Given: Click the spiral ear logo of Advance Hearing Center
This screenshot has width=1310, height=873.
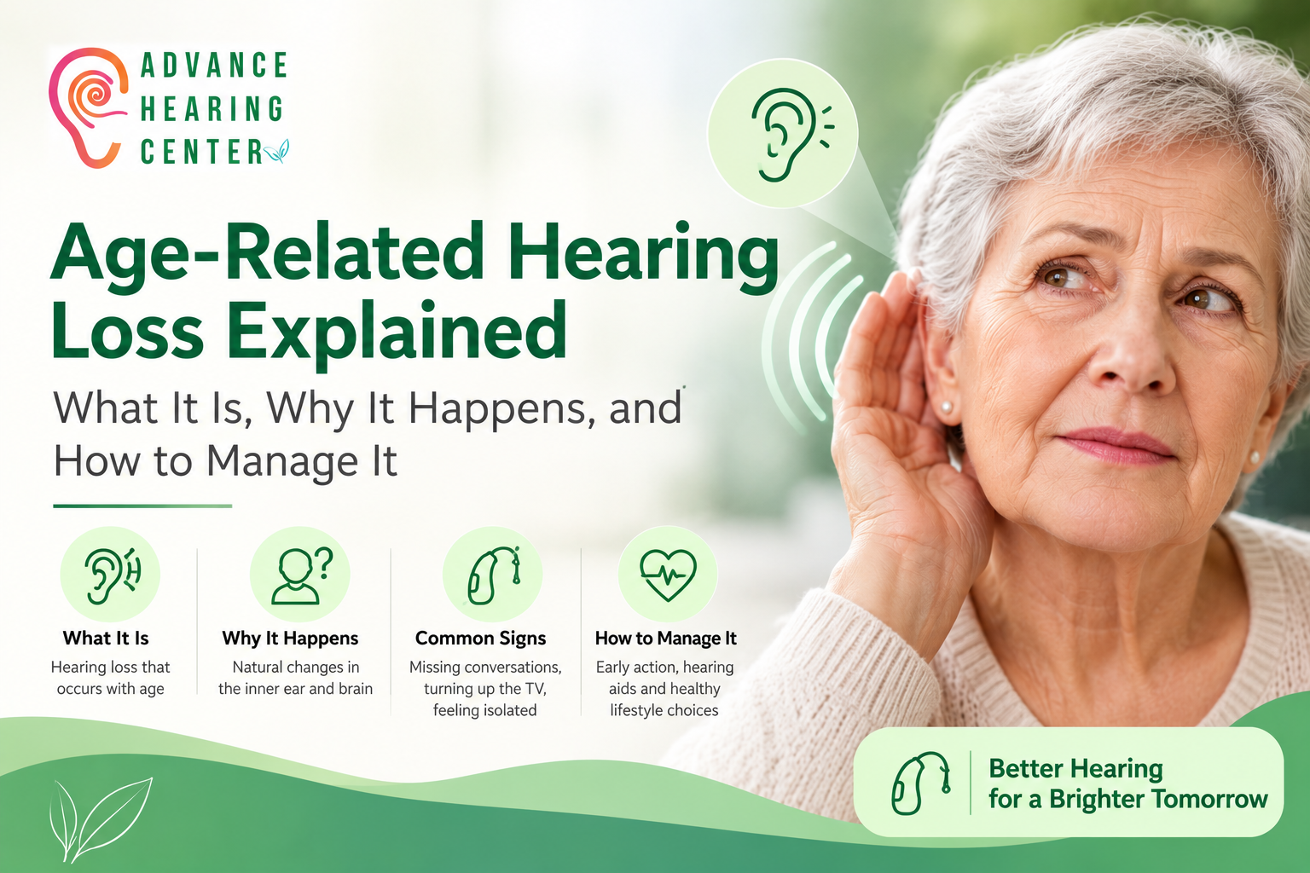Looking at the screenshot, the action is tap(88, 108).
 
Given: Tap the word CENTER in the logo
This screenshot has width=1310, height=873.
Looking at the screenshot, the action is tap(202, 152).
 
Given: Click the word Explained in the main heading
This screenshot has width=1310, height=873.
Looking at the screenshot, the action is tap(397, 331).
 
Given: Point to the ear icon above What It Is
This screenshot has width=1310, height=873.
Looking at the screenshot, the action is tap(111, 575).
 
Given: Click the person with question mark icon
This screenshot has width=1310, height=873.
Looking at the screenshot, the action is tap(300, 575).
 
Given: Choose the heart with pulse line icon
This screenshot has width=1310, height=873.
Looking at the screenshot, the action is tap(668, 575).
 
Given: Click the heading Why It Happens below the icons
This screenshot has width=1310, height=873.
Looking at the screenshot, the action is tap(290, 638).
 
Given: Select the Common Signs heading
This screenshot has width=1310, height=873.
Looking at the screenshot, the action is tap(481, 638).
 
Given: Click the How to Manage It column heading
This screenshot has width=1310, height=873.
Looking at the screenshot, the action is tap(665, 638).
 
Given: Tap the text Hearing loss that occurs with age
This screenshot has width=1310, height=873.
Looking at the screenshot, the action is tap(111, 678).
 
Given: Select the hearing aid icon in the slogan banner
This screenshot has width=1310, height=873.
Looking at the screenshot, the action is tap(920, 783).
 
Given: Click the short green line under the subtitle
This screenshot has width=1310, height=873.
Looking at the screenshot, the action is tap(142, 506).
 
